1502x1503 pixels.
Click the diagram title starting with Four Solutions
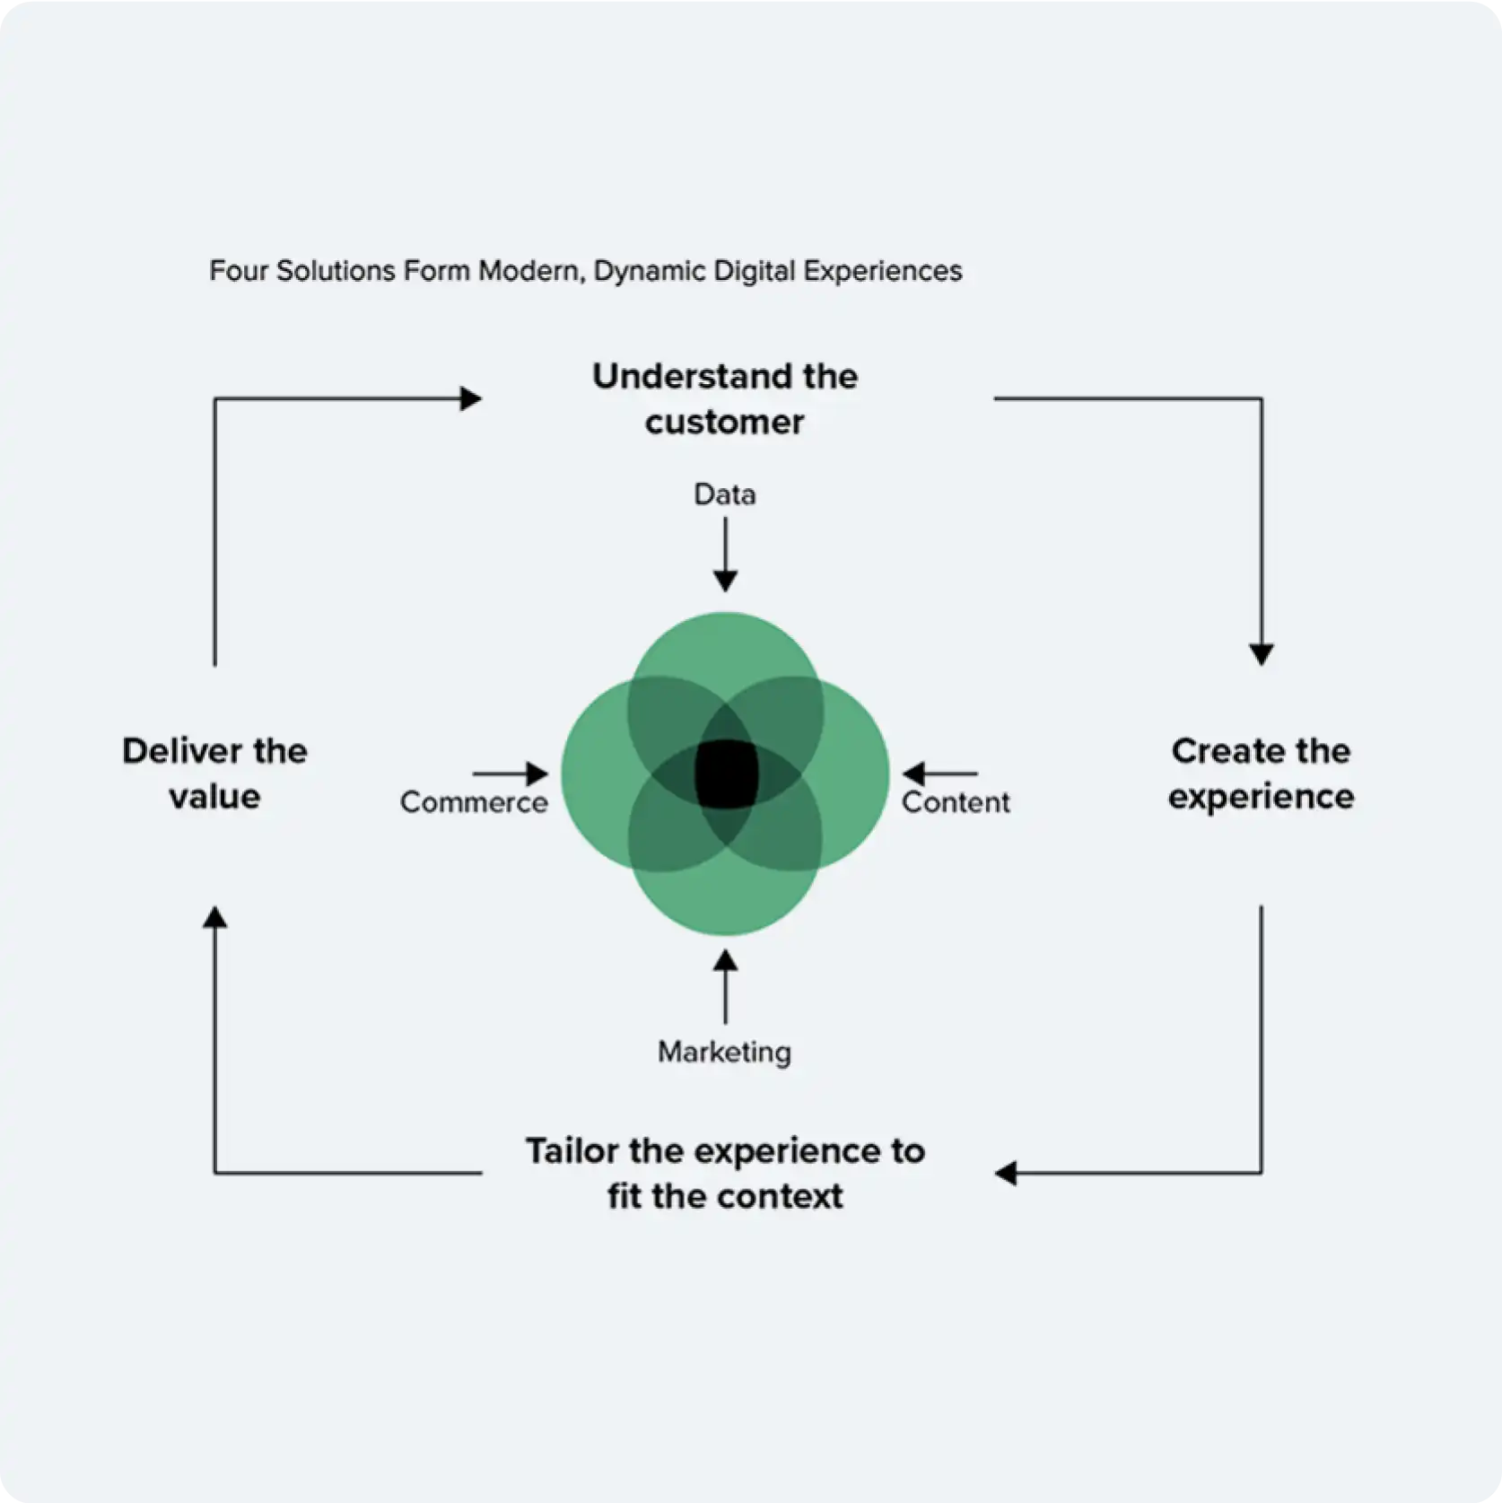point(585,271)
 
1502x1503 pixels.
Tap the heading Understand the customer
point(725,398)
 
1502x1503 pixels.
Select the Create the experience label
point(1261,773)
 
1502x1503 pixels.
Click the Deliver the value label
point(214,773)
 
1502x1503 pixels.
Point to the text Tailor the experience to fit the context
point(725,1173)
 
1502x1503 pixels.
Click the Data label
point(725,494)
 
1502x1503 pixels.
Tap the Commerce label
point(474,802)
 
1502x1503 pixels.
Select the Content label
point(956,802)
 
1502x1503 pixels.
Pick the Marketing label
point(725,1053)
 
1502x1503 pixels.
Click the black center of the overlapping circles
point(726,773)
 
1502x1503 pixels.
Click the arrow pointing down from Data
point(725,555)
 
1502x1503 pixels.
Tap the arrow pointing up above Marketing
point(725,987)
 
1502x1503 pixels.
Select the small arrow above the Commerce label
point(511,773)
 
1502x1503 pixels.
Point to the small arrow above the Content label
point(939,773)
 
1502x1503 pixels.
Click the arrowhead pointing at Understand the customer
point(470,398)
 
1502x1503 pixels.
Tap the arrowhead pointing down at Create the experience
point(1262,654)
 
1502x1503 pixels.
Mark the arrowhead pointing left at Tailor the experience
point(1006,1173)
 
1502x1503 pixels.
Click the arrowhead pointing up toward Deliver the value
point(214,917)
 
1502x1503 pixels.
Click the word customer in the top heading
point(725,423)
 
